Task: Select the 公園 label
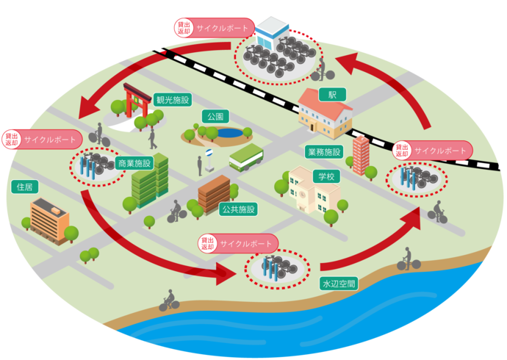click(215, 116)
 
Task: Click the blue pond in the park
click(229, 133)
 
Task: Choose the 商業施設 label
click(134, 163)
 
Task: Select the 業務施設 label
click(323, 151)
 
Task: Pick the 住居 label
click(24, 187)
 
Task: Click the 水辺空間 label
click(338, 282)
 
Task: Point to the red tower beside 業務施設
click(361, 155)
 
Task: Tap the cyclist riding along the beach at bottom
click(169, 300)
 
